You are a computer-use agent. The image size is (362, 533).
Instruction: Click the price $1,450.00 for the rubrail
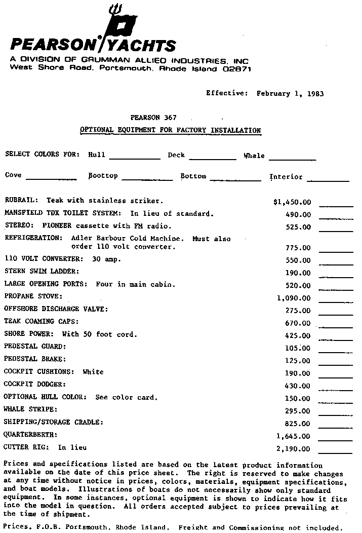tap(292, 202)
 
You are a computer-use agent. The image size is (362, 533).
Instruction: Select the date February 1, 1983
tap(290, 93)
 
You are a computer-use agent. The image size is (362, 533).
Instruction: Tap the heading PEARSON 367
tap(153, 118)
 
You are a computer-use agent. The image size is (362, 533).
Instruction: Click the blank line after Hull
tap(135, 158)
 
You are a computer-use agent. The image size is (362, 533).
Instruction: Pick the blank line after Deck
tap(213, 158)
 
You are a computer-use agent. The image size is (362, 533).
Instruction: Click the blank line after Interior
tap(328, 180)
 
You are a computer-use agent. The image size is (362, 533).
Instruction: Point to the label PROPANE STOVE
tap(33, 296)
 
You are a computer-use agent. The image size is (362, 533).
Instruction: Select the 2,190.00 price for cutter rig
tap(293, 449)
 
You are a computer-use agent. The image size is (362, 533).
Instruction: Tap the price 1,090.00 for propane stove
tap(293, 298)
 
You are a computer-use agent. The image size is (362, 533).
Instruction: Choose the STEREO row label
tap(18, 226)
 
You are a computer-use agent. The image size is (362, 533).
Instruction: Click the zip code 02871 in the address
tap(237, 69)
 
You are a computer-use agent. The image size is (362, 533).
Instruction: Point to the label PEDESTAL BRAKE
tap(35, 359)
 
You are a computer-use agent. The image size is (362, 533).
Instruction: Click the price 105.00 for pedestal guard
tap(298, 349)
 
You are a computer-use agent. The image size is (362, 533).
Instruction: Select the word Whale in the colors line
tap(254, 156)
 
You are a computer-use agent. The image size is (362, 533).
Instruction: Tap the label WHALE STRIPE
tap(30, 409)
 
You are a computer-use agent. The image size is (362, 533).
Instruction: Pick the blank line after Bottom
tap(235, 179)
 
